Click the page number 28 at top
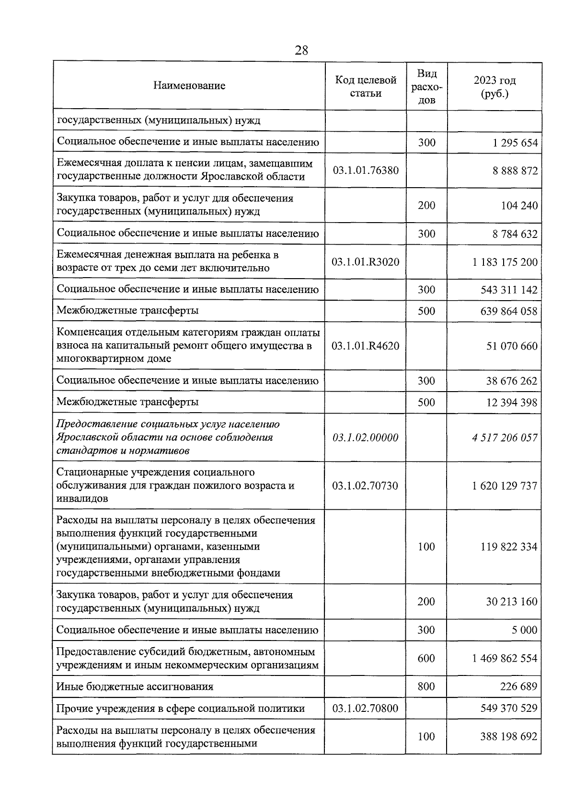[x=301, y=50]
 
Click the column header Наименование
[x=189, y=86]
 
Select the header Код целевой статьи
[x=366, y=87]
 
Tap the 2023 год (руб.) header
[x=494, y=87]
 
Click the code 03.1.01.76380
[x=366, y=170]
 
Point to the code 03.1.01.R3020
[x=365, y=262]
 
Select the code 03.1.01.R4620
[x=365, y=346]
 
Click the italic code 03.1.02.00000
[x=365, y=438]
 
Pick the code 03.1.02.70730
[x=365, y=485]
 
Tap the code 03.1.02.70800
[x=365, y=708]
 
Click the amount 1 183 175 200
[x=505, y=262]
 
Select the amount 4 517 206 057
[x=505, y=438]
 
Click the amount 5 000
[x=524, y=630]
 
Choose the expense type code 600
[x=426, y=658]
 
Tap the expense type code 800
[x=426, y=686]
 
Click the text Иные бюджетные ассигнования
[x=135, y=686]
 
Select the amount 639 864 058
[x=508, y=311]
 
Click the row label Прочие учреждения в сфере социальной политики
[x=181, y=708]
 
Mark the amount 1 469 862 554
[x=505, y=658]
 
